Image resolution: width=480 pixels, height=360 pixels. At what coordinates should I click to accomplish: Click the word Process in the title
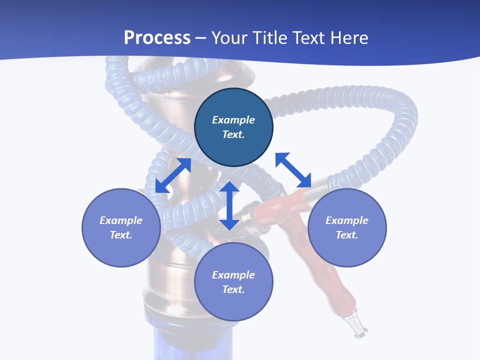157,38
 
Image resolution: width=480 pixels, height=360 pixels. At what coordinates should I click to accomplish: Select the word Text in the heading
308,38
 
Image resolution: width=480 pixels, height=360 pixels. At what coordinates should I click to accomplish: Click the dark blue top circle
233,127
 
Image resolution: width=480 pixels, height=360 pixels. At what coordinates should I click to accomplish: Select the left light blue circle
121,227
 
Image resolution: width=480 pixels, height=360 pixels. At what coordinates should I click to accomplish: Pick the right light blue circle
347,227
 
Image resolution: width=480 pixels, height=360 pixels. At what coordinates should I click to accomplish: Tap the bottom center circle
233,282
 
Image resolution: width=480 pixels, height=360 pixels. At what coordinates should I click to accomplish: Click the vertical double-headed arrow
229,205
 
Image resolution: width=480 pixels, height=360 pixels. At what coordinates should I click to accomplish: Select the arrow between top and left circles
173,175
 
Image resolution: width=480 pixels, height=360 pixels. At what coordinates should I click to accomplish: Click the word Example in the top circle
233,120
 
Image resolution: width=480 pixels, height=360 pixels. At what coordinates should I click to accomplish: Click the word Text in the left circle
121,235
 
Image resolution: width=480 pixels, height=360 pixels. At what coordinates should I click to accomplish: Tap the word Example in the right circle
347,220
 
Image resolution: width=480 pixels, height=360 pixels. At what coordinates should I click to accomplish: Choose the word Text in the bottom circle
233,289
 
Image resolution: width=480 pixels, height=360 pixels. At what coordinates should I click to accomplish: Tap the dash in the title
201,38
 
